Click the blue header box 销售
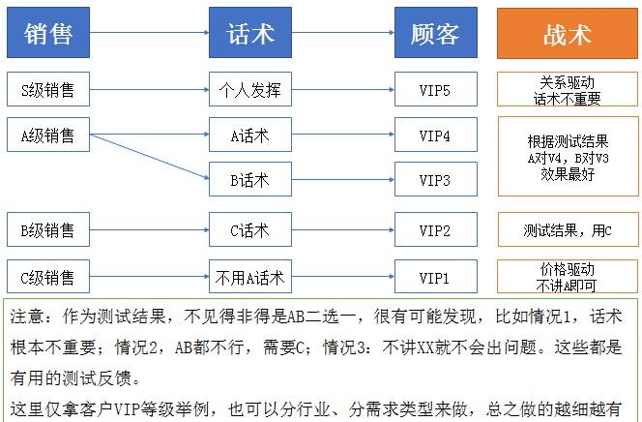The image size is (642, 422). click(x=48, y=32)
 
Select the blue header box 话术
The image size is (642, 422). click(x=250, y=32)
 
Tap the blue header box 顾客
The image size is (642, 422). click(x=436, y=32)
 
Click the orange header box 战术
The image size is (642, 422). click(x=568, y=33)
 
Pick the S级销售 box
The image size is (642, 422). click(x=48, y=89)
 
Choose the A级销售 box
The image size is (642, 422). click(x=48, y=135)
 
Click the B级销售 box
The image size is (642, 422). click(x=48, y=229)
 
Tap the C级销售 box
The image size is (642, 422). click(x=48, y=277)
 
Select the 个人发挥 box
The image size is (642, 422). click(x=250, y=89)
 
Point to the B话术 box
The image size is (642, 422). click(x=250, y=179)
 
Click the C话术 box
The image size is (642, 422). click(x=250, y=229)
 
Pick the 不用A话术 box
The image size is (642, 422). click(x=250, y=277)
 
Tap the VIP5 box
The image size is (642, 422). click(x=436, y=89)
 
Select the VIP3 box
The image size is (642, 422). click(x=436, y=179)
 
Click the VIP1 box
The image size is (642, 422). click(x=436, y=277)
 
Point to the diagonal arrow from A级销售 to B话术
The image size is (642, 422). click(x=150, y=157)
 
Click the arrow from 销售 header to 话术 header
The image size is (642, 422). click(x=150, y=32)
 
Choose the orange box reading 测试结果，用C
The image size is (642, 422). click(x=568, y=229)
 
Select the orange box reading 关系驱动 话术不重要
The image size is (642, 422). click(x=568, y=89)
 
